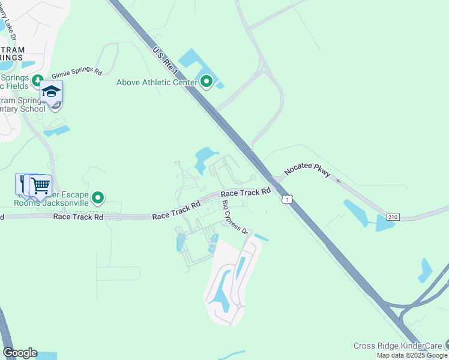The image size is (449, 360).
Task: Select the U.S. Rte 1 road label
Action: (x=166, y=61)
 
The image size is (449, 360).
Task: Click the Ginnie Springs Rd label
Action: (x=77, y=72)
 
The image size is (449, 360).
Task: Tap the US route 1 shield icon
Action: (x=289, y=199)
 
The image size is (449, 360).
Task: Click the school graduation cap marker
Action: (x=52, y=92)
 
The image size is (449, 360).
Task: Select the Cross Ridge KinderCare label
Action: (x=397, y=346)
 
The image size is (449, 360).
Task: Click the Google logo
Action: (x=20, y=353)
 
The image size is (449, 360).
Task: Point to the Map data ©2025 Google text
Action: (x=412, y=355)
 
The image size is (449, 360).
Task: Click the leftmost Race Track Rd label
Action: (x=77, y=216)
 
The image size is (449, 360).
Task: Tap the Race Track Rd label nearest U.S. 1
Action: (x=246, y=193)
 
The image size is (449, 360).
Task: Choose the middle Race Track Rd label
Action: (x=176, y=211)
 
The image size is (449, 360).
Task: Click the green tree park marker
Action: (x=38, y=80)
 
